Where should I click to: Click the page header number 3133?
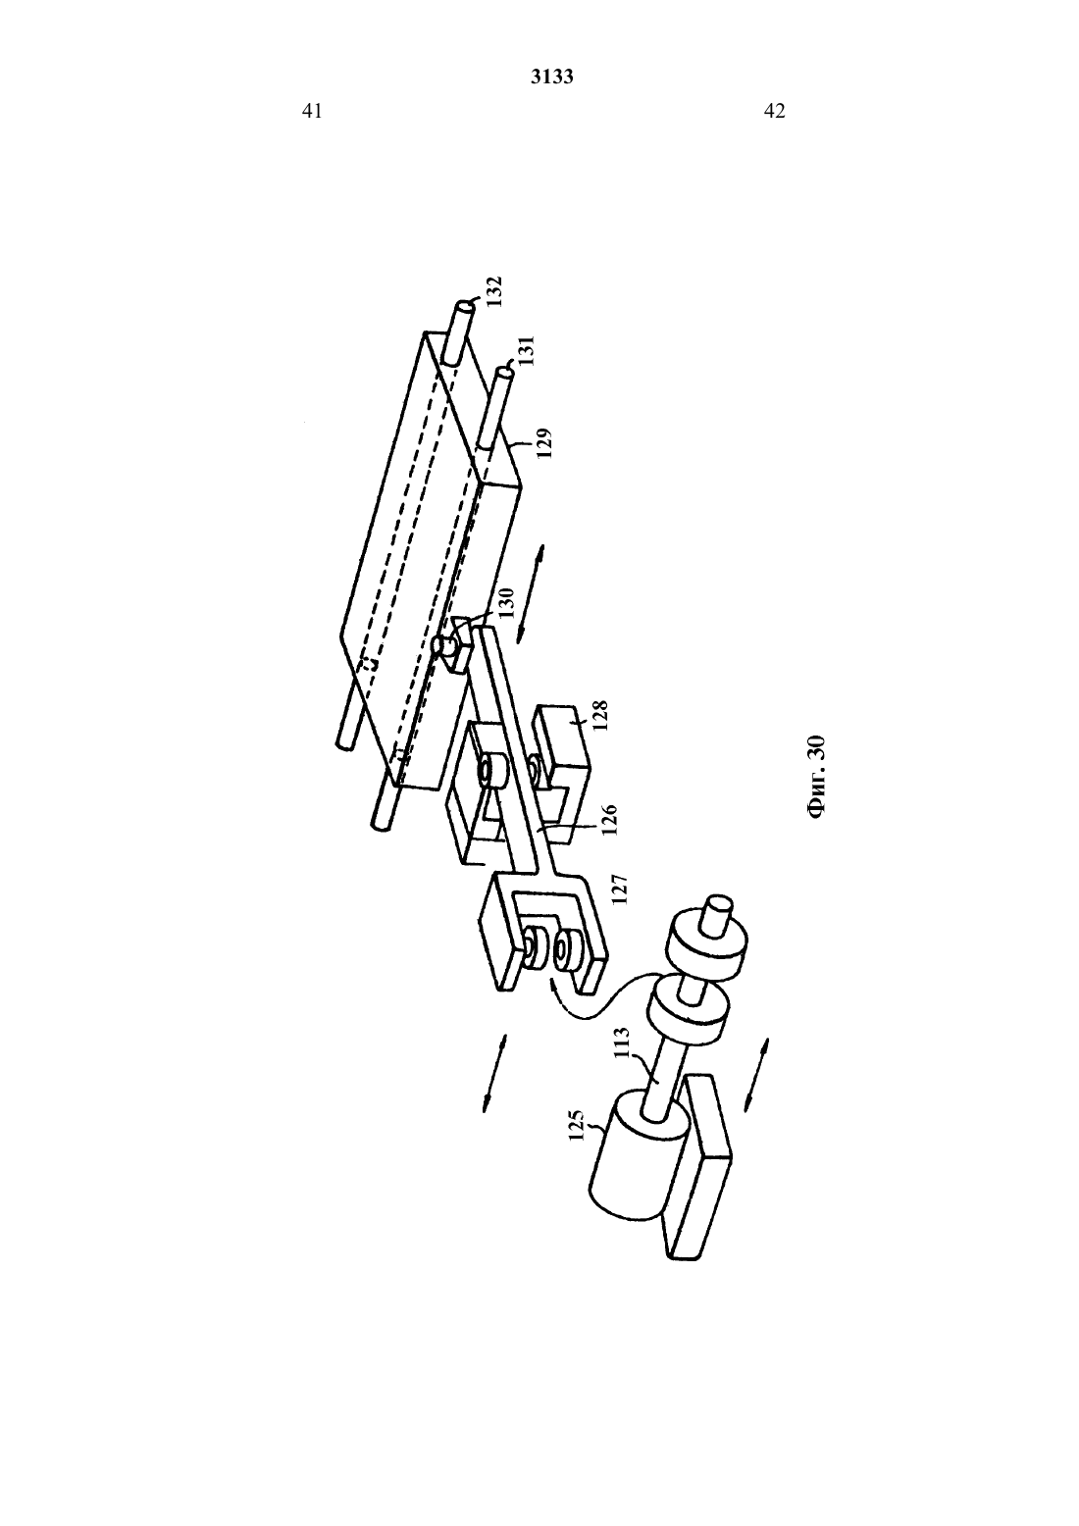[551, 76]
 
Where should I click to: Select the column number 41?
[311, 111]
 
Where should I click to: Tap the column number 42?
[775, 111]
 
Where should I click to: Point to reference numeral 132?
[494, 291]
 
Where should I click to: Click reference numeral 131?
[528, 350]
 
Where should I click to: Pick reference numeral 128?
[600, 716]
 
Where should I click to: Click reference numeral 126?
[608, 820]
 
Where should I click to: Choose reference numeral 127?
[619, 890]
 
